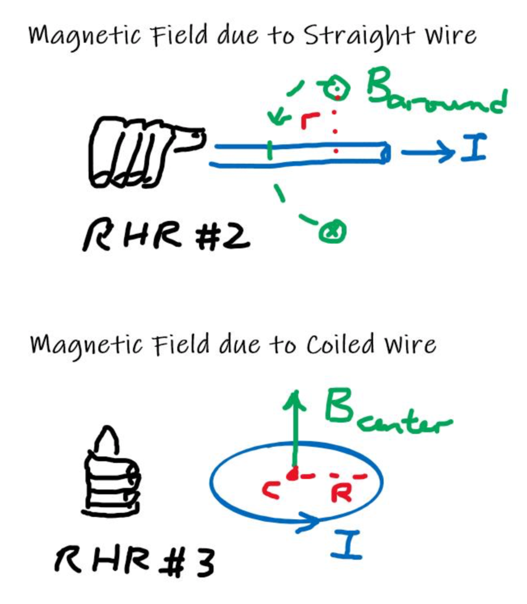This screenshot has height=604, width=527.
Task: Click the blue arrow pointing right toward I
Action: [x=427, y=153]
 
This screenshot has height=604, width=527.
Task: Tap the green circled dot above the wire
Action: [x=337, y=88]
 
